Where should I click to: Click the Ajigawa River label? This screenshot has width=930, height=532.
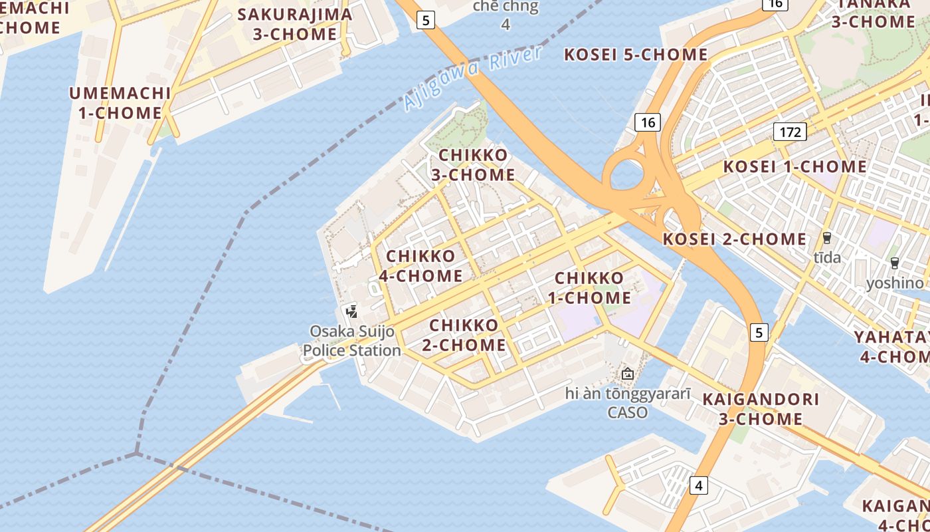coord(472,78)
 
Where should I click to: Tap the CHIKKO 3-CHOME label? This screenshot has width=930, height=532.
coord(473,165)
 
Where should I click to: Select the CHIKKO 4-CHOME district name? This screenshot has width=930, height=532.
coord(420,266)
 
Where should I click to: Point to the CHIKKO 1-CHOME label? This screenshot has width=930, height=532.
coord(589,288)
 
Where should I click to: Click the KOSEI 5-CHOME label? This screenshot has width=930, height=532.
coord(636,55)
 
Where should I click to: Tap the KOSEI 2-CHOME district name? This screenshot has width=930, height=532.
coord(735,239)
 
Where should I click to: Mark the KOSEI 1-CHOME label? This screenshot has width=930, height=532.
coord(794,167)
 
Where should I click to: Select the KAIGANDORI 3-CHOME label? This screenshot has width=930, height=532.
coord(761,409)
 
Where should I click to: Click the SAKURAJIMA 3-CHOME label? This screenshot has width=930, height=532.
coord(295,24)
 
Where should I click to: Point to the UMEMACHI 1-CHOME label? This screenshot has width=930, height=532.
coord(120,103)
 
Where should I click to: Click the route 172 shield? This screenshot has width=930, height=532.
coord(790,132)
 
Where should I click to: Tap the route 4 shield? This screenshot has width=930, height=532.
coord(698,485)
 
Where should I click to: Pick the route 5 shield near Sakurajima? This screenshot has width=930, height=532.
coord(426,20)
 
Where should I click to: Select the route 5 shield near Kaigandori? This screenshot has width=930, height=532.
coord(759,332)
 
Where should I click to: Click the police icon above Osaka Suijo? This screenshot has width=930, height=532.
coord(352,311)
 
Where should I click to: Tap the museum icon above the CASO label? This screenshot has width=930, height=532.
coord(627,374)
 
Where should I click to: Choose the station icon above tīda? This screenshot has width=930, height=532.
coord(827,238)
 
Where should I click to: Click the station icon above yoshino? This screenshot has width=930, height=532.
coord(895,263)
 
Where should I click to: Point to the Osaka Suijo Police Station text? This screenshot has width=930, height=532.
coord(352,340)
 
